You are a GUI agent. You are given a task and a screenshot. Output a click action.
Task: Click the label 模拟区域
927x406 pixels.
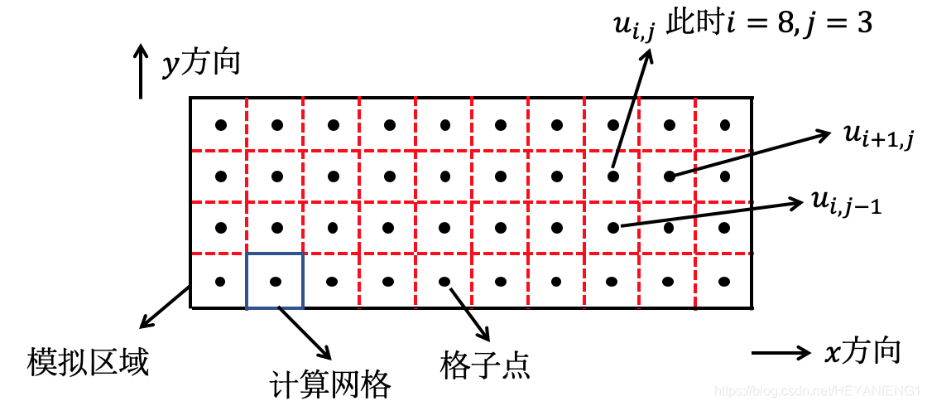coord(88,362)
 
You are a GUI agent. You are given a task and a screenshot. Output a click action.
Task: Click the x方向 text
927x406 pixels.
coord(862,353)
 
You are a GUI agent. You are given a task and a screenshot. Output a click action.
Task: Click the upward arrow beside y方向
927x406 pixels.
coord(142,73)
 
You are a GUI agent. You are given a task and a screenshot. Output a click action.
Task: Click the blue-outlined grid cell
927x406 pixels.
coord(275,281)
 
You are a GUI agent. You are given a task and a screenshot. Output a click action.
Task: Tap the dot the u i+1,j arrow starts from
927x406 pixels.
coord(669,176)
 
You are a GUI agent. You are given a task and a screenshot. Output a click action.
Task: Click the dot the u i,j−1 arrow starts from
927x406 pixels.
coord(613,226)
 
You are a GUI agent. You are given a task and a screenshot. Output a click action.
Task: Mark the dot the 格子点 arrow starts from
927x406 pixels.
coord(444,282)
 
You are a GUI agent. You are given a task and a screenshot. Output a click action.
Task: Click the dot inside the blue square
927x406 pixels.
coord(276,282)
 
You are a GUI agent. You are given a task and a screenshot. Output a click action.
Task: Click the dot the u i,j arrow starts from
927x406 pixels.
coord(613,176)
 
